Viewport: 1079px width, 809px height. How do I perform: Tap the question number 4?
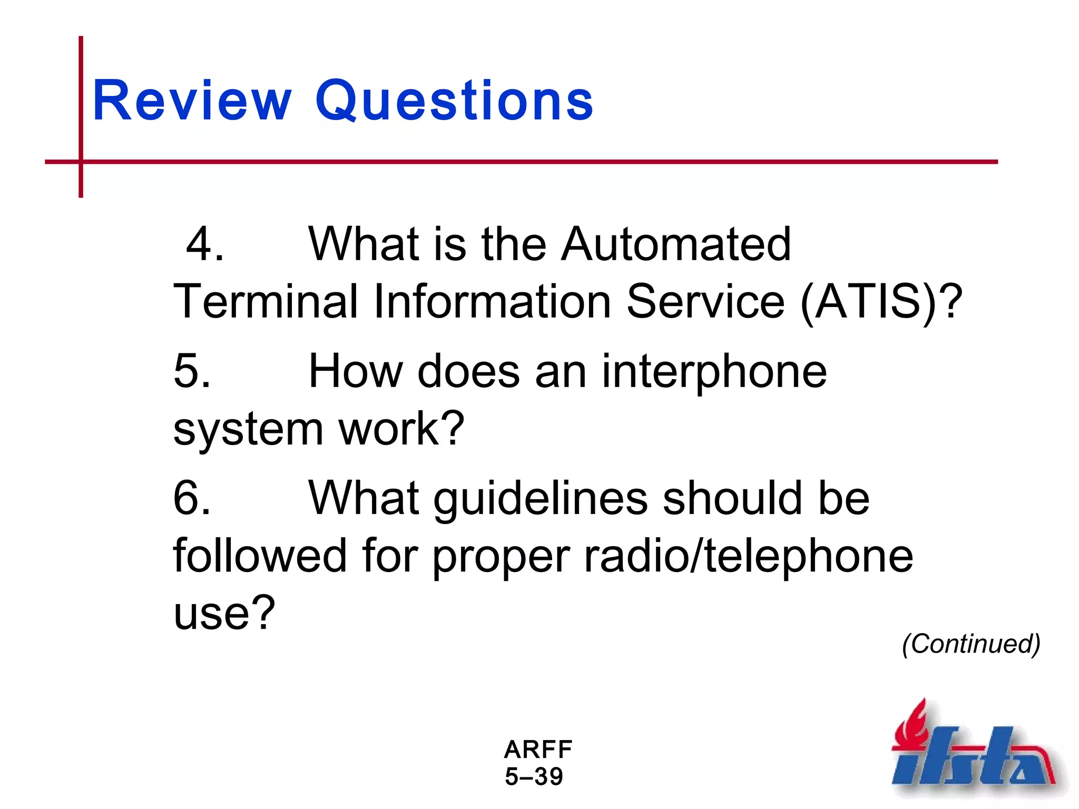tap(204, 244)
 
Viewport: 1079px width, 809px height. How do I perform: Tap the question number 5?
tap(192, 371)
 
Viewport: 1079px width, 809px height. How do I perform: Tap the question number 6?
tap(192, 498)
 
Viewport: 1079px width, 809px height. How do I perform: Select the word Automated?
tap(675, 244)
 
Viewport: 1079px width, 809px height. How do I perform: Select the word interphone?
tap(714, 371)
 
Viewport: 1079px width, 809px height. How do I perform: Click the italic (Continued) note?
tap(971, 644)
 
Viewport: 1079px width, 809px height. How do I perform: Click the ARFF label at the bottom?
tap(538, 749)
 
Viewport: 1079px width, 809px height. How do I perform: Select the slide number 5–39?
tap(534, 777)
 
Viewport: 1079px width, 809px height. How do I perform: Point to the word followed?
tap(260, 556)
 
